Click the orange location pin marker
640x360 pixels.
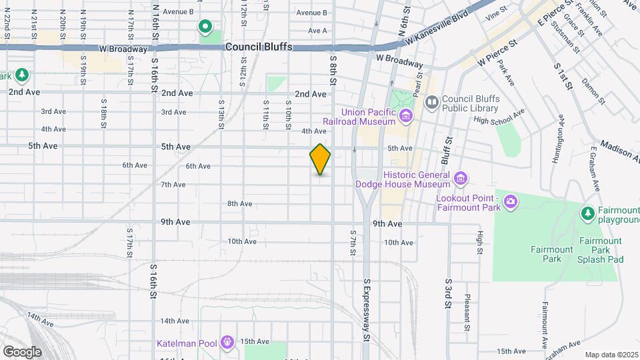click(320, 160)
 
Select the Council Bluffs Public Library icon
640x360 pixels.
click(431, 102)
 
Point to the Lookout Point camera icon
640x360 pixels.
click(511, 201)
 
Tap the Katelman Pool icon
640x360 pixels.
click(228, 343)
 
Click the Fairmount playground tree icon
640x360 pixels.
click(588, 213)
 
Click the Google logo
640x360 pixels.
click(22, 351)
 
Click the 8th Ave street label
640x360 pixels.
click(239, 203)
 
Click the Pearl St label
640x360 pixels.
click(418, 85)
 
